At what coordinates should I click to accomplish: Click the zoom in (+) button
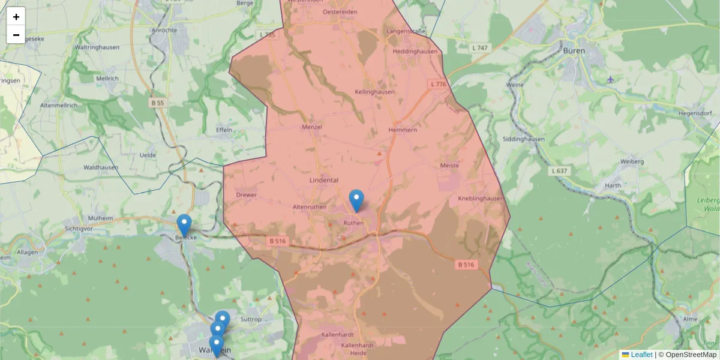(x=16, y=17)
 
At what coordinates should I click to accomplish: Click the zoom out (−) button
(x=16, y=35)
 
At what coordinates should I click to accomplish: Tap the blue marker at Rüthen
(x=356, y=200)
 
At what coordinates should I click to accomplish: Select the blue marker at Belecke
(x=184, y=225)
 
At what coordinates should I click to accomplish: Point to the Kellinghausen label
(x=374, y=92)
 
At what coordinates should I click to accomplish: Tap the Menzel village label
(x=312, y=127)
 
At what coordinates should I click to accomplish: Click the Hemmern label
(x=402, y=130)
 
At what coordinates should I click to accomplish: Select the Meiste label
(x=449, y=166)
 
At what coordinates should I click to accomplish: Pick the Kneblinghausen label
(x=479, y=198)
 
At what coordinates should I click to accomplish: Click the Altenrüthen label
(x=309, y=207)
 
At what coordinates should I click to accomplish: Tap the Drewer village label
(x=247, y=195)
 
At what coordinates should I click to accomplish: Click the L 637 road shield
(x=559, y=172)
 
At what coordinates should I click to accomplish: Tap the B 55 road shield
(x=158, y=103)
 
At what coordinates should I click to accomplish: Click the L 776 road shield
(x=439, y=85)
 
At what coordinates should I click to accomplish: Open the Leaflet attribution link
(x=641, y=355)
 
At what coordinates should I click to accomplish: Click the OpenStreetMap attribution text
(x=691, y=355)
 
